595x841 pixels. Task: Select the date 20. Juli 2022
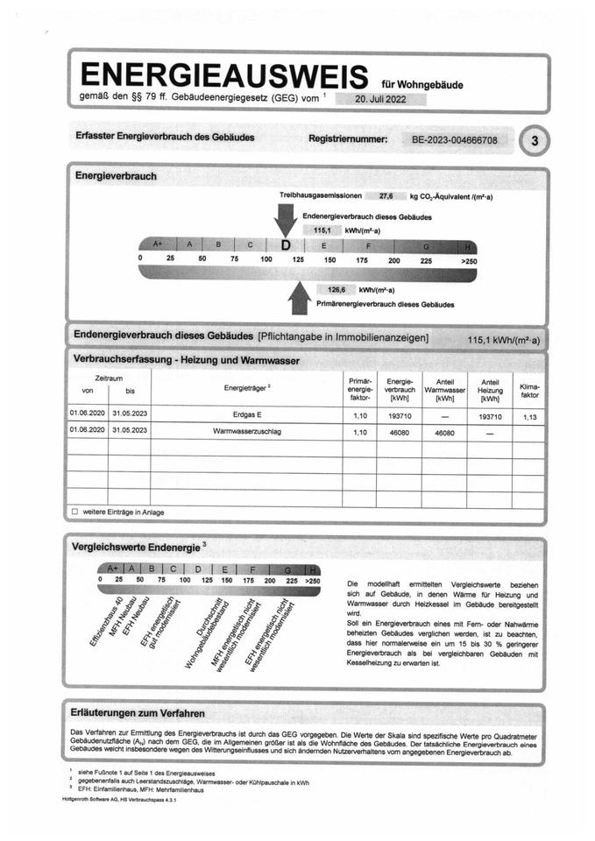[380, 99]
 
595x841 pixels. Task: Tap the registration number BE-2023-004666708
[455, 139]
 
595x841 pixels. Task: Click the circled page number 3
[535, 139]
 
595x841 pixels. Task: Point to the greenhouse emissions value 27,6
[386, 197]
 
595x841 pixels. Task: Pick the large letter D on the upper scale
[286, 245]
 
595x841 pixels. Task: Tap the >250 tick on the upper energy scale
[469, 260]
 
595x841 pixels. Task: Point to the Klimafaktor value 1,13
[529, 417]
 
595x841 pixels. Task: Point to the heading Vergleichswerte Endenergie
[138, 547]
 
